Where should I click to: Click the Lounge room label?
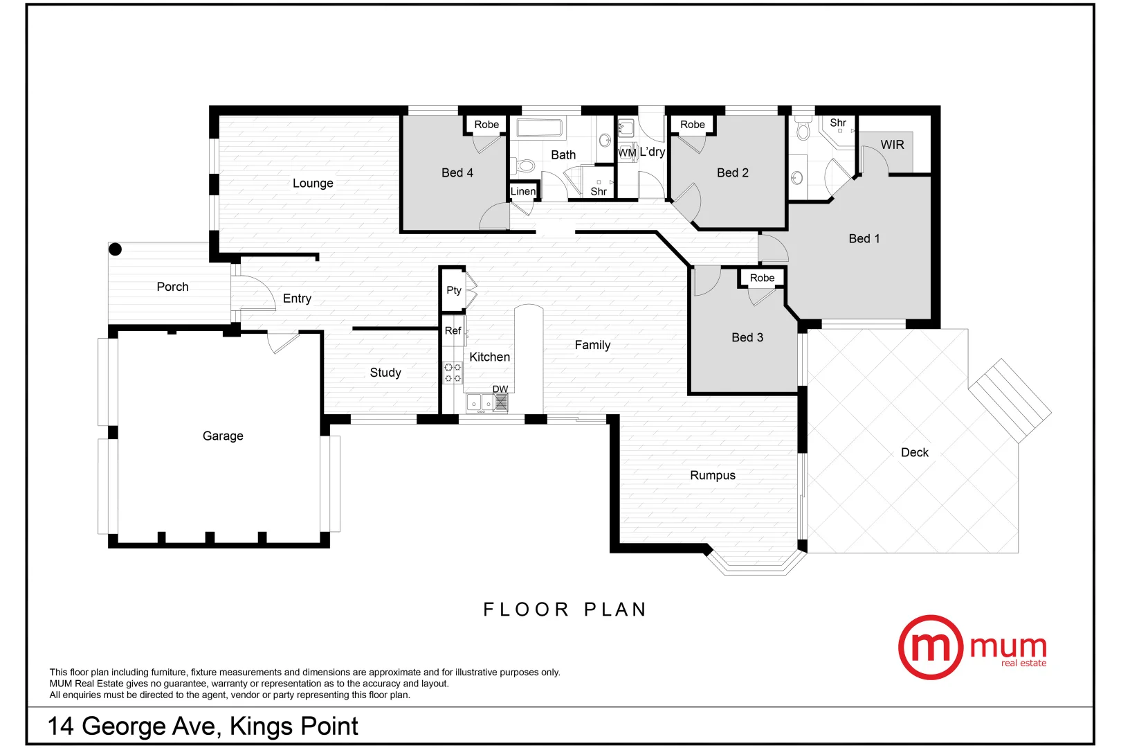(313, 183)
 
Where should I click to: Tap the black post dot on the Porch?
(116, 249)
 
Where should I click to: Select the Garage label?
(223, 436)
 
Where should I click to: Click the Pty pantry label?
(453, 290)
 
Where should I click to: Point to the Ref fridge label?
(453, 330)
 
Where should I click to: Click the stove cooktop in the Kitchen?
(453, 372)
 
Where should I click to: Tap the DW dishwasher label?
(500, 389)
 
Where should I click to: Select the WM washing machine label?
(627, 152)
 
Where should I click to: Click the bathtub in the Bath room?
(540, 128)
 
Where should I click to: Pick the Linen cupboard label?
(523, 191)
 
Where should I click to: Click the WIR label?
(892, 145)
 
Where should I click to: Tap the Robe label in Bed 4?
(486, 125)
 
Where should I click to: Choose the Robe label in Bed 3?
(762, 278)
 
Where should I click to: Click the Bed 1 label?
(864, 238)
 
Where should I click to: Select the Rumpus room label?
(713, 475)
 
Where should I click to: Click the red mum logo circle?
(930, 647)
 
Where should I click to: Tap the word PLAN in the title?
(615, 609)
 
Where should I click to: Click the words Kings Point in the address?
(294, 726)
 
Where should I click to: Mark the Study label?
(385, 373)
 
